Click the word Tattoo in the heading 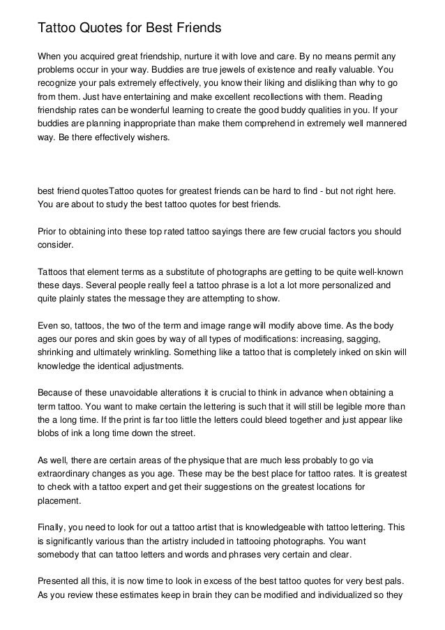coord(57,29)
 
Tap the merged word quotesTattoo coord(101,190)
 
